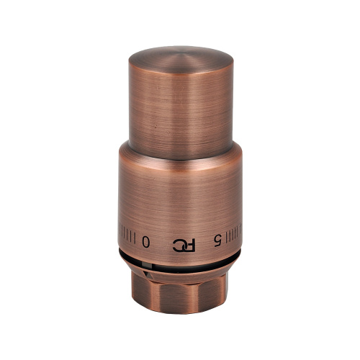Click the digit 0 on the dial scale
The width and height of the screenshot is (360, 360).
146,241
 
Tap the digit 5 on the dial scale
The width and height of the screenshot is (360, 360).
217,241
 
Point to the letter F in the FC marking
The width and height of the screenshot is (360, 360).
191,246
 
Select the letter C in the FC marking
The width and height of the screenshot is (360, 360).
179,246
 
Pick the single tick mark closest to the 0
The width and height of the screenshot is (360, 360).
135,238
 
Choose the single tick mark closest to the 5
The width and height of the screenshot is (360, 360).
226,237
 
